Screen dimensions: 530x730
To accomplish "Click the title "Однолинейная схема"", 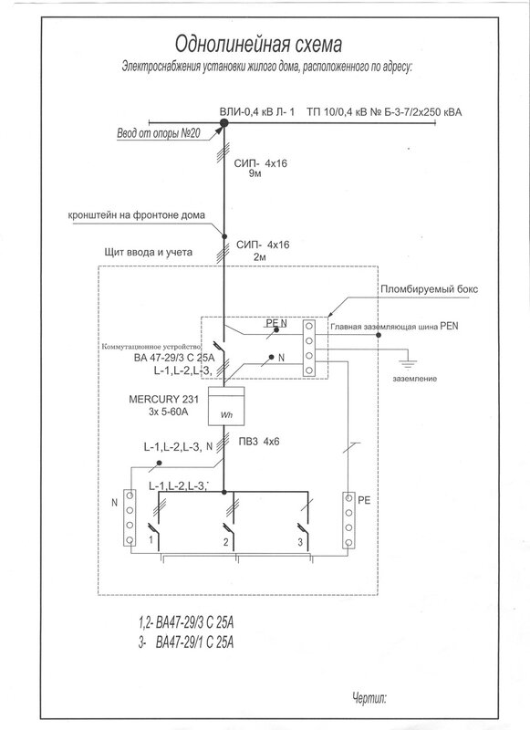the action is pyautogui.click(x=258, y=45).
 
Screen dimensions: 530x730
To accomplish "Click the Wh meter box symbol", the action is pyautogui.click(x=225, y=405).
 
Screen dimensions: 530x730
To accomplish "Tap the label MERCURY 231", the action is pyautogui.click(x=163, y=399).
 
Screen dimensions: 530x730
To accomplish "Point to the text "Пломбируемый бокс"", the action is pyautogui.click(x=429, y=289).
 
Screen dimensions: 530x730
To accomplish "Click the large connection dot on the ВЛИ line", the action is pyautogui.click(x=223, y=123).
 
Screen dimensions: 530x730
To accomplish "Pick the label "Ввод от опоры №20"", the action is pyautogui.click(x=158, y=133).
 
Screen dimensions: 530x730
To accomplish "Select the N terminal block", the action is pyautogui.click(x=130, y=517).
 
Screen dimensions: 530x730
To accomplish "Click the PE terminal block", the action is pyautogui.click(x=348, y=520).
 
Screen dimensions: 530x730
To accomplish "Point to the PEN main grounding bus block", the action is pyautogui.click(x=308, y=348).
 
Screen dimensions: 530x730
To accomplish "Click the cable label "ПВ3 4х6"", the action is pyautogui.click(x=259, y=442).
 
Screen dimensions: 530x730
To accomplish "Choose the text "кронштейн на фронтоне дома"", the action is pyautogui.click(x=136, y=215).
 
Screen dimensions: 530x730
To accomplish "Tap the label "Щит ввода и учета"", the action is pyautogui.click(x=149, y=253).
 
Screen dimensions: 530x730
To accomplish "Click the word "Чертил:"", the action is pyautogui.click(x=369, y=697).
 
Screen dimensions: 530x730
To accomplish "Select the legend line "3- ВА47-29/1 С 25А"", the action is pyautogui.click(x=186, y=642).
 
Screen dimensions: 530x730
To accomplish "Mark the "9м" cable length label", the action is pyautogui.click(x=255, y=174).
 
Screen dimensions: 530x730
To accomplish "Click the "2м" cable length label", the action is pyautogui.click(x=260, y=256).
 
